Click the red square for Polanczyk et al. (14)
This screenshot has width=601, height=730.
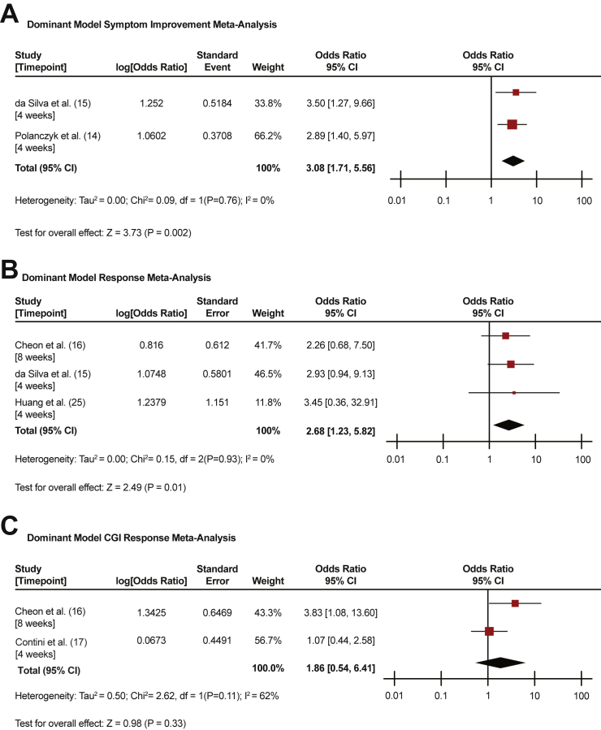[512, 124]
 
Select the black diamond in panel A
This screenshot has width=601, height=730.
[513, 161]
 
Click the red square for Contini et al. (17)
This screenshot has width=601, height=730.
[489, 631]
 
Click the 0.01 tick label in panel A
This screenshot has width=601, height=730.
[397, 200]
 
